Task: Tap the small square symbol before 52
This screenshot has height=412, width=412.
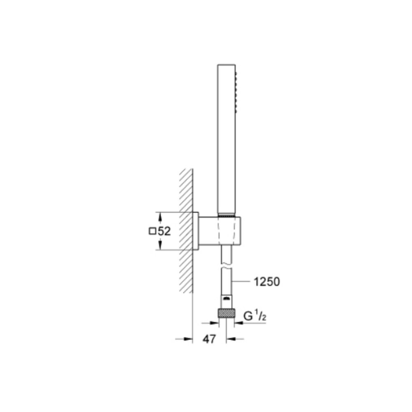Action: coord(152,232)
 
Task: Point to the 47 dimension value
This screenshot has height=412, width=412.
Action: coord(209,339)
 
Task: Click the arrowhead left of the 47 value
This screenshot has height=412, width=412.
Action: coord(189,339)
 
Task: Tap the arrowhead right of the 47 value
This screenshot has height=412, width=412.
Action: coord(229,339)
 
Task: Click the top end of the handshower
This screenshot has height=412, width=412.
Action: coord(226,66)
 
